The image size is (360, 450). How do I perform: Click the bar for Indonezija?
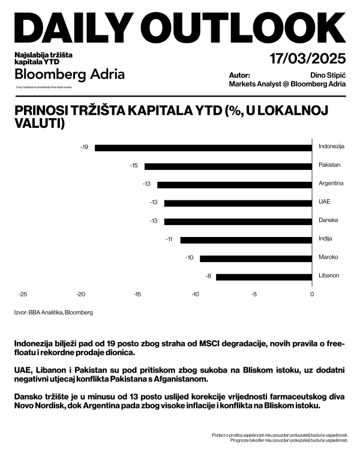pos(203,147)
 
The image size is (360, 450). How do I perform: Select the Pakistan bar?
pos(228,166)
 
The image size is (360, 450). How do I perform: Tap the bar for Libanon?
pos(264,277)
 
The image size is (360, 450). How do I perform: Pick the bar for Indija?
pos(246,239)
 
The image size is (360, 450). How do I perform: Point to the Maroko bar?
pos(256,258)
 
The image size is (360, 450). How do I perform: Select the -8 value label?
pos(208,277)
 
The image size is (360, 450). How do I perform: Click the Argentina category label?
pos(331,184)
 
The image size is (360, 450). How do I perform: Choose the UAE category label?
pos(324,202)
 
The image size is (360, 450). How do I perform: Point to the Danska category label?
pos(328,221)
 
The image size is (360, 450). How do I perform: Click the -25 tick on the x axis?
pos(23,294)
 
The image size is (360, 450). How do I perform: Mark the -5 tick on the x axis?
pos(254,294)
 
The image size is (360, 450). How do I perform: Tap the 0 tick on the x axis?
pos(312,294)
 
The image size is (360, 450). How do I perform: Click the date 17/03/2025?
pos(308,59)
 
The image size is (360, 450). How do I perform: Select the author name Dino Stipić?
pos(327,76)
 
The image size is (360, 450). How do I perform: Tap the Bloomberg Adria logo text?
pos(70,75)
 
